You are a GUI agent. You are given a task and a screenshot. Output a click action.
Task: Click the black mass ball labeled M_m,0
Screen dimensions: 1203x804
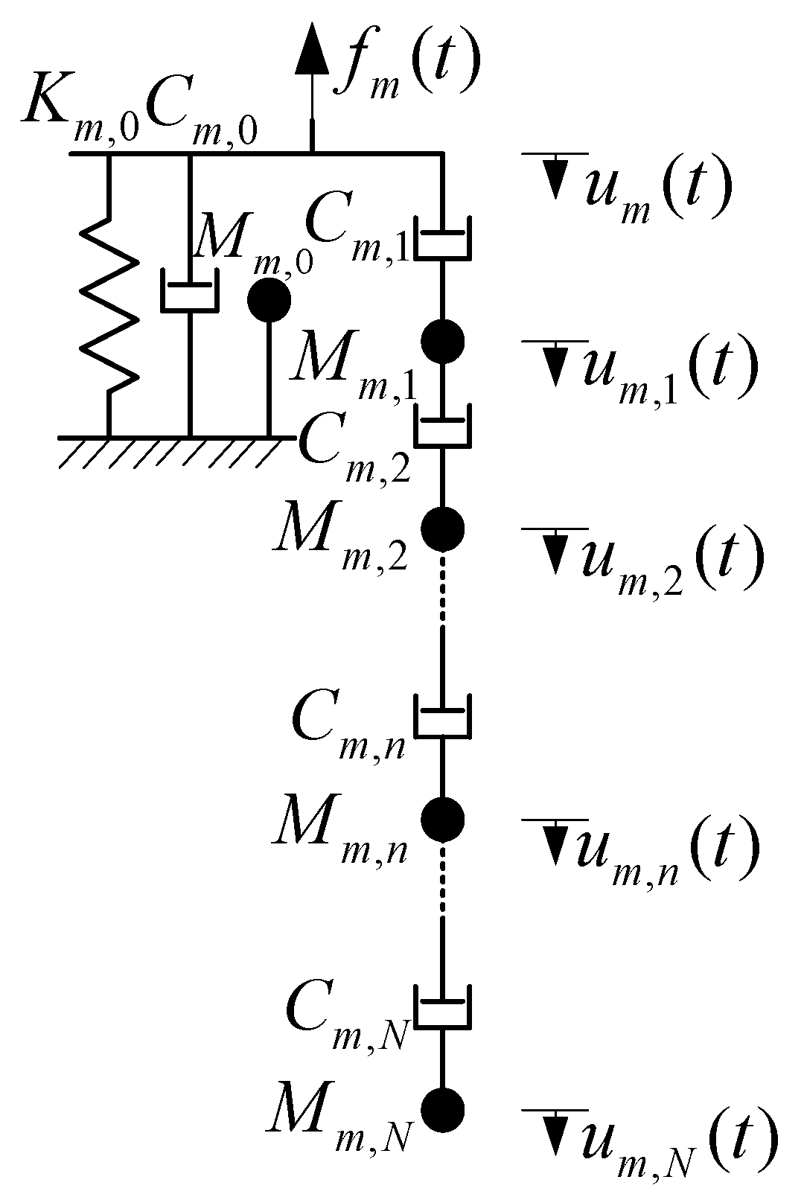click(x=269, y=301)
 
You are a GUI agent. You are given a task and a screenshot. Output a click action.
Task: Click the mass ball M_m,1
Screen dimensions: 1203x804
click(x=443, y=341)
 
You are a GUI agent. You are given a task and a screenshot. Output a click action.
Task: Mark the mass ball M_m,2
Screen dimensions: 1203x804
click(x=443, y=528)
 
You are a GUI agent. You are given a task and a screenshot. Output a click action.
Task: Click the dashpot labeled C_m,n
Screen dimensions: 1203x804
click(x=443, y=717)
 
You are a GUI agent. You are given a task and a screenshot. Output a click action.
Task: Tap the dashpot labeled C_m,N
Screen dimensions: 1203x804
click(x=443, y=1007)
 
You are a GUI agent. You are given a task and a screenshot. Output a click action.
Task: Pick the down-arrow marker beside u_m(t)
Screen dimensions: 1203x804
click(x=555, y=179)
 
